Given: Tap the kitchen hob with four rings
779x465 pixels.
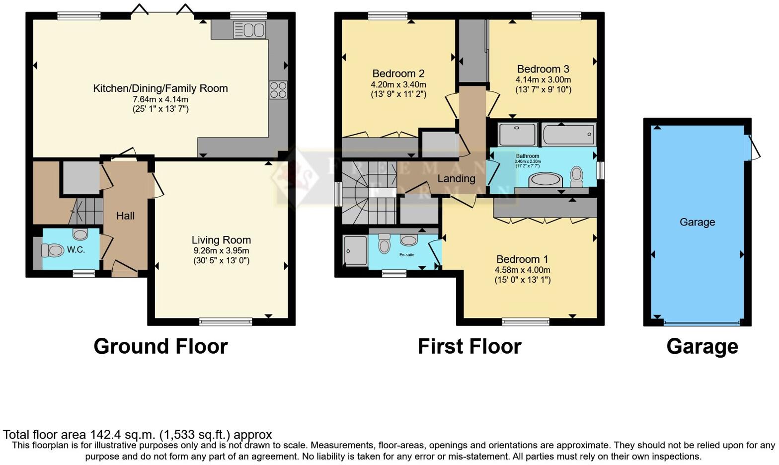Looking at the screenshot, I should tap(278, 90).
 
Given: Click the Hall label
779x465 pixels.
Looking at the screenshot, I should tap(125, 216).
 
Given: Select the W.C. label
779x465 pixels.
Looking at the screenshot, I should tap(76, 250).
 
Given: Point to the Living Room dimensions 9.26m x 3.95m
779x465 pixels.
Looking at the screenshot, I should tap(221, 251).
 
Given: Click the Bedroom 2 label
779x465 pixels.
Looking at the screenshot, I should tap(398, 74).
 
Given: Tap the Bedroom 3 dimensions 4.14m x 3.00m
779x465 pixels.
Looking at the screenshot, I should tap(543, 79).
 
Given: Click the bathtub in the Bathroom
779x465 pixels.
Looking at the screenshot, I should tap(568, 134).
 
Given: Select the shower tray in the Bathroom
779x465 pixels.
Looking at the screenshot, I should tap(517, 134).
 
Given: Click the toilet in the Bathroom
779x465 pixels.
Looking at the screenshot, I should tap(576, 175).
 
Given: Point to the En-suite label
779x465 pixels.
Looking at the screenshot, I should tap(406, 255).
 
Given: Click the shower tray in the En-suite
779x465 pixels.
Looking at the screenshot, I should tap(355, 251).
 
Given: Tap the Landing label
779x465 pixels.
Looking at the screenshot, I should tap(456, 178).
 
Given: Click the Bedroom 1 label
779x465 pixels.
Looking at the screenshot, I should tap(522, 259).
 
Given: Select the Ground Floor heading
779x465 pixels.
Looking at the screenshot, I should tap(160, 346).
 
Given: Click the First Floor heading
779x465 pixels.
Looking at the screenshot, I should tap(469, 346).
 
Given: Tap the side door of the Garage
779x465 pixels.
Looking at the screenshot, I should tap(754, 148).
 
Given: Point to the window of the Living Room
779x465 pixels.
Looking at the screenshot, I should tap(226, 322).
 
